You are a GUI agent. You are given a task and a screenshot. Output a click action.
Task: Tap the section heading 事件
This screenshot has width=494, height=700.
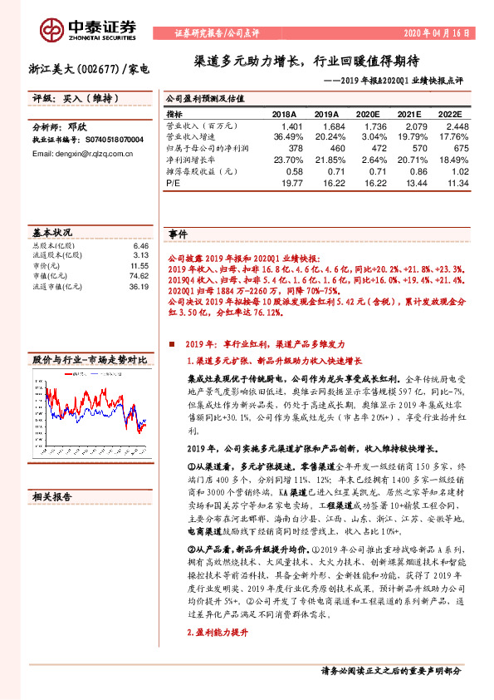tap(178, 234)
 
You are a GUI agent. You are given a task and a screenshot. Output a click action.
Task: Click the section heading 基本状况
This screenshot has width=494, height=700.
tap(52, 232)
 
